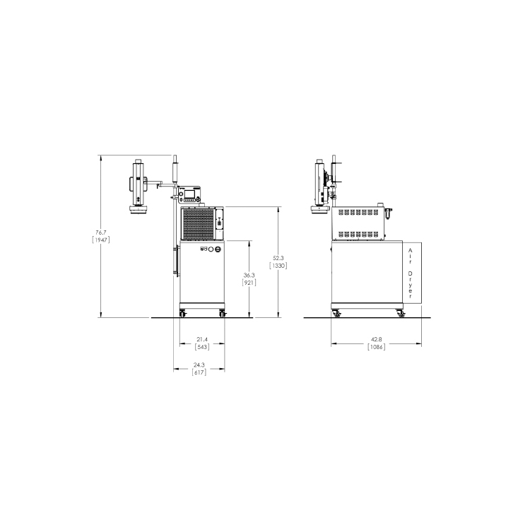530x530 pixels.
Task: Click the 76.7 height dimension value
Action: click(101, 232)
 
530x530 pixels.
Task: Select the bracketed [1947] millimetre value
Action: click(101, 240)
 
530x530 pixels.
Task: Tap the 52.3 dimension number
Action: click(278, 258)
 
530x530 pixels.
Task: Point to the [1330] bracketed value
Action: click(278, 266)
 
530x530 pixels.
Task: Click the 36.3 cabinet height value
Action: click(249, 275)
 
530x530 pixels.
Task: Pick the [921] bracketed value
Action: click(249, 283)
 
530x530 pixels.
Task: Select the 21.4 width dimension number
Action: click(202, 339)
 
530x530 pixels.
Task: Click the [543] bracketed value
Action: click(202, 347)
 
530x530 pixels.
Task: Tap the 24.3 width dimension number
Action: click(199, 365)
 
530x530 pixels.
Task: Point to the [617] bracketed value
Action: click(199, 372)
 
